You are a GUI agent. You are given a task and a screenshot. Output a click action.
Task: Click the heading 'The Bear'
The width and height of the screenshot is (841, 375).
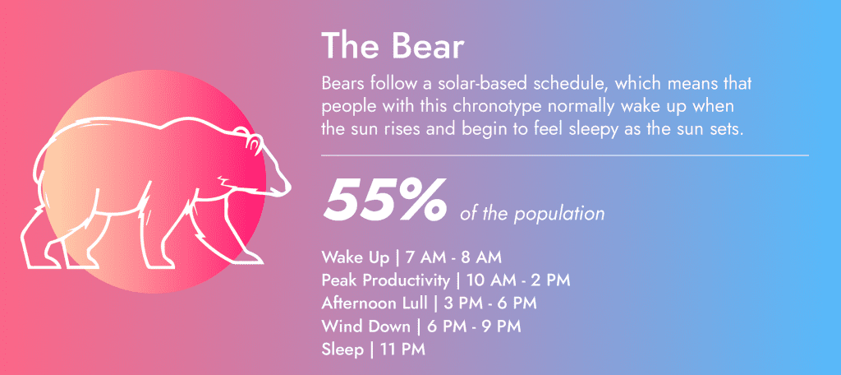coord(393,46)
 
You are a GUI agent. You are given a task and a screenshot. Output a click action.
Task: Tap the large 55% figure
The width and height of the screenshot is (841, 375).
coord(385,200)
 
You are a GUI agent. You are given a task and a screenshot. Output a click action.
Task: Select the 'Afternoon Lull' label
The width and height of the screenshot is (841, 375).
coord(374,303)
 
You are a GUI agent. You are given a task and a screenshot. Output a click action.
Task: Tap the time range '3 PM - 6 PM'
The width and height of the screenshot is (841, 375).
coord(485,303)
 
